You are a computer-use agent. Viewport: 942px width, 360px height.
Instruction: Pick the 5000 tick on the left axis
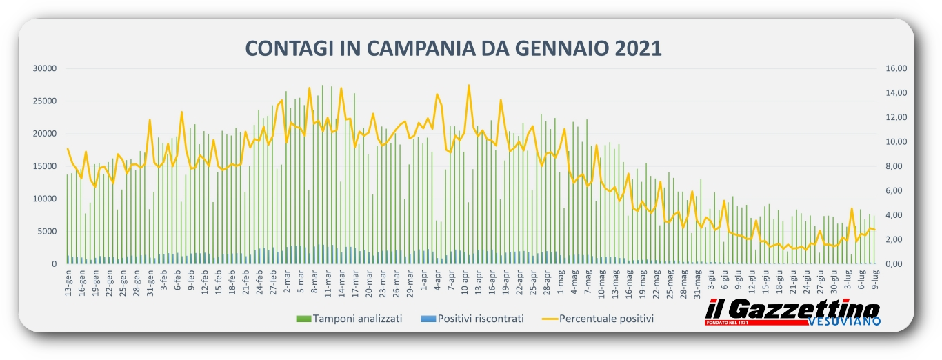[x=46, y=231]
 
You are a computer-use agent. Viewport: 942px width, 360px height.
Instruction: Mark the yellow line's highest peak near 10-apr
[x=469, y=86]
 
